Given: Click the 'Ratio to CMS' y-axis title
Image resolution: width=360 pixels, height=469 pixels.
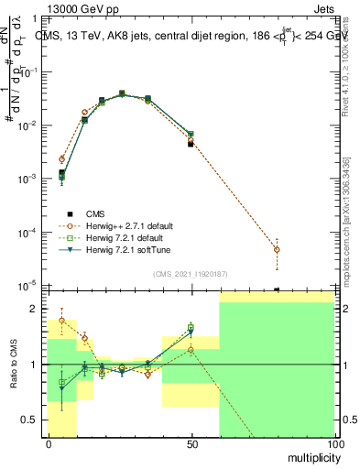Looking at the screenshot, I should pos(16,365).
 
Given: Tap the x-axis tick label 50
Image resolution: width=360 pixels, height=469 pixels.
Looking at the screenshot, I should pos(191,444).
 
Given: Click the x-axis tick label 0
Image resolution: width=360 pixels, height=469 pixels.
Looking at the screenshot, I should pos(49,444).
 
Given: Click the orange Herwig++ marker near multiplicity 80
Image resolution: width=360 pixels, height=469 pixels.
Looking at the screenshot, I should pos(278,249).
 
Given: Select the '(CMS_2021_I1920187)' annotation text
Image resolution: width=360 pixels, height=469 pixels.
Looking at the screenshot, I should pos(191,274).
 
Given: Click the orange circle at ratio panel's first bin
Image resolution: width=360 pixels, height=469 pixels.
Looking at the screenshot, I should pos(61,321).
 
